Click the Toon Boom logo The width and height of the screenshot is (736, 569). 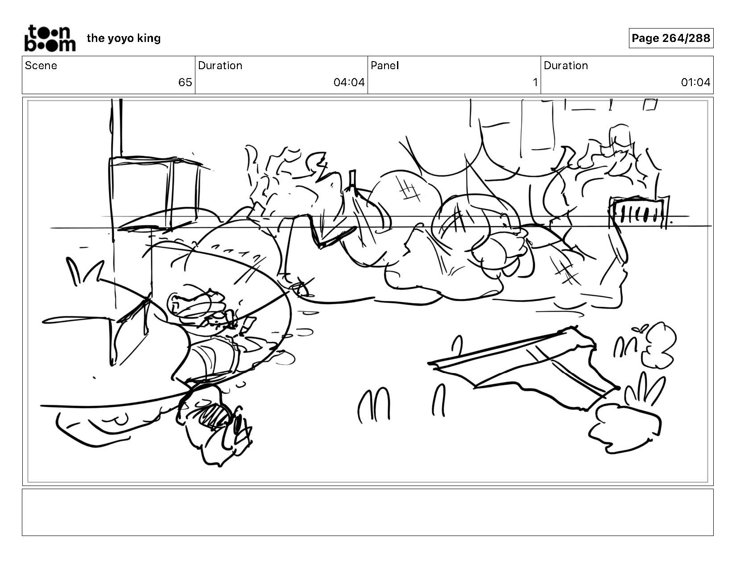50,38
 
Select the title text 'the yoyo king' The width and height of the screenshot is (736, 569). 124,38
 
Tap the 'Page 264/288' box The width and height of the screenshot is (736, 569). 670,38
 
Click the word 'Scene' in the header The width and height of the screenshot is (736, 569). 41,66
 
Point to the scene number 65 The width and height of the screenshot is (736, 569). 185,82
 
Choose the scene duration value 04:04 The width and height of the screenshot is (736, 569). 349,82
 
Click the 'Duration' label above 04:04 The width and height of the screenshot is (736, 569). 220,66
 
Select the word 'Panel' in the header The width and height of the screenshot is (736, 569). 385,66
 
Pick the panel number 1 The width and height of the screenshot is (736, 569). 535,82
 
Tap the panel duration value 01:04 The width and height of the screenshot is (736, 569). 695,82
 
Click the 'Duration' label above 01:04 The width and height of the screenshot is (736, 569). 566,66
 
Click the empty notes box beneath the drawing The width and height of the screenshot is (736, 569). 368,512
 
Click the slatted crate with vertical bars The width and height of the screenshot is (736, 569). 638,212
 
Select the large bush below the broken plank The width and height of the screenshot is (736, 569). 625,429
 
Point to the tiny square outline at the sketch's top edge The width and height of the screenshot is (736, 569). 650,104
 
